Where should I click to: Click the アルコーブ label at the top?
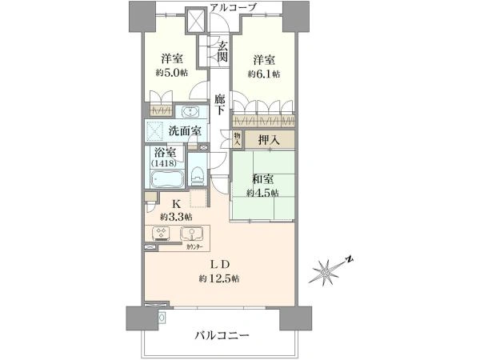(x=233, y=7)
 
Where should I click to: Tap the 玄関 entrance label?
(x=222, y=51)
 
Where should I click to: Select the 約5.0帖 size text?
(x=171, y=73)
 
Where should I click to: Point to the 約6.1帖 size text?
(x=264, y=74)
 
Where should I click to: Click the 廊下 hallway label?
(x=219, y=104)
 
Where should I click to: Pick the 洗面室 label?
(x=186, y=131)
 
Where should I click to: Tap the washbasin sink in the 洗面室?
(x=191, y=111)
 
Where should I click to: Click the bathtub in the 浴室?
(x=167, y=179)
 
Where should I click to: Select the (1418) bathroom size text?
(x=163, y=164)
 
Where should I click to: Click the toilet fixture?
(x=197, y=176)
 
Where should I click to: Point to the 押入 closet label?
(x=269, y=140)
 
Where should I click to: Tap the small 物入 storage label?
(x=237, y=139)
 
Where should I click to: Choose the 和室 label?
(x=262, y=179)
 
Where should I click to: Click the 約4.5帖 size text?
(x=262, y=193)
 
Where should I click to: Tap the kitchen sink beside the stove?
(x=192, y=234)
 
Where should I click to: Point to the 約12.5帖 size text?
(x=219, y=278)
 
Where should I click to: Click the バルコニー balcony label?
(x=222, y=336)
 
